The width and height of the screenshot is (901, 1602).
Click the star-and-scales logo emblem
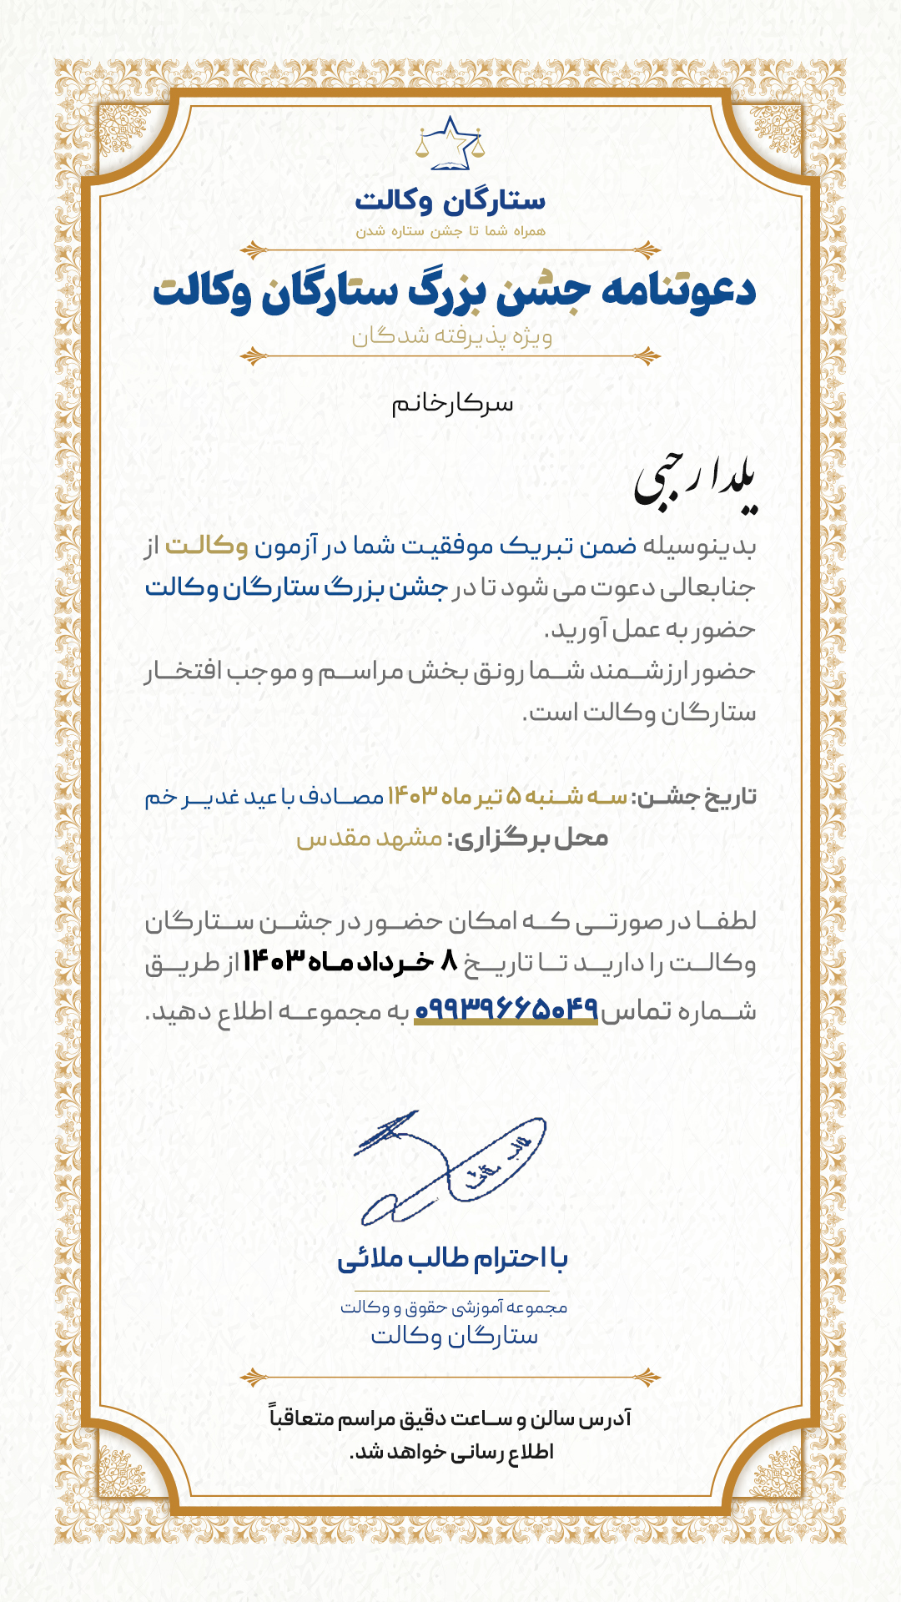point(450,144)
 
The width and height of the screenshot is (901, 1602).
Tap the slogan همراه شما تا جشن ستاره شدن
point(450,231)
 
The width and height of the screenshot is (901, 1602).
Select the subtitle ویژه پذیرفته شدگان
point(451,336)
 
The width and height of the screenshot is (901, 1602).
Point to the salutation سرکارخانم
point(452,405)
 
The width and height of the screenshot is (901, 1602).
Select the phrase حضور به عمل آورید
point(650,630)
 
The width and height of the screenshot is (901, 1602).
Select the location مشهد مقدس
point(370,839)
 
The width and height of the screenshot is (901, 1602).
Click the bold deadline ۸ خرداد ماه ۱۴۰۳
point(350,963)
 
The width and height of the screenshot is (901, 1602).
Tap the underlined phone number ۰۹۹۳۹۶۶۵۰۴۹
point(506,1010)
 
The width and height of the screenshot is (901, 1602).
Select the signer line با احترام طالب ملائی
point(452,1258)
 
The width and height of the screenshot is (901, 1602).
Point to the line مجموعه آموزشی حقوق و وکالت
point(453,1307)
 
